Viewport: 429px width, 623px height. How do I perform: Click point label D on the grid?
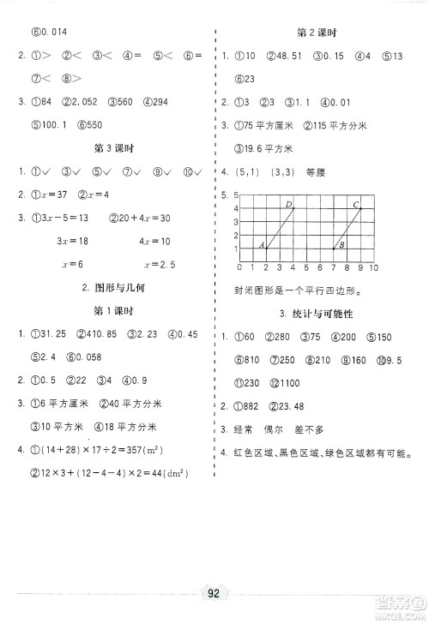pos(288,204)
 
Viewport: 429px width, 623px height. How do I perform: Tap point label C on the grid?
pos(355,204)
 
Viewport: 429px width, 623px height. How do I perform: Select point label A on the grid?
pos(261,245)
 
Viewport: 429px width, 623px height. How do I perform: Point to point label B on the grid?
pos(341,245)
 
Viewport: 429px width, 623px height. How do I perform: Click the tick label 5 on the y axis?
pos(224,195)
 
